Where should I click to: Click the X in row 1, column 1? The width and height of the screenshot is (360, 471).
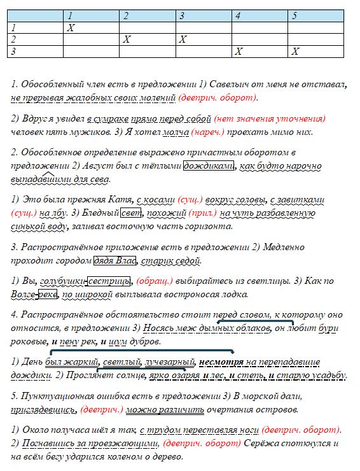click(x=71, y=27)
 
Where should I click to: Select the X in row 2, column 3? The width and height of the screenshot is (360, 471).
click(x=182, y=39)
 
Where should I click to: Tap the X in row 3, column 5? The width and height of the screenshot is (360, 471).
click(x=294, y=52)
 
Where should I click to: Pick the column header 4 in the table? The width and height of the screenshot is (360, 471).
click(x=237, y=15)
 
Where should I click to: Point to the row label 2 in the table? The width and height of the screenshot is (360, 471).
click(x=12, y=39)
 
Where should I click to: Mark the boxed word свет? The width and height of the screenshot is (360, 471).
click(x=131, y=214)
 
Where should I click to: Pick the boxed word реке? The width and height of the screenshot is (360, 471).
click(x=47, y=294)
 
